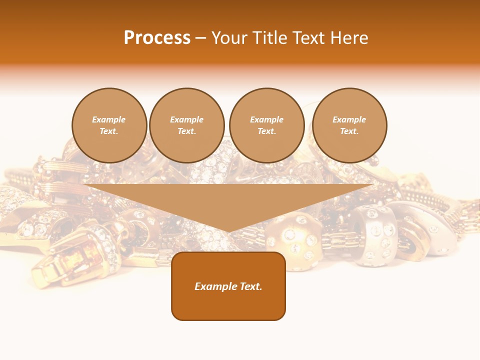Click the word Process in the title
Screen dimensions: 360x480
tap(157, 38)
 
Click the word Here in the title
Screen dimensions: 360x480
tap(350, 38)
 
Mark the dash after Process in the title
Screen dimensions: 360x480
tap(201, 38)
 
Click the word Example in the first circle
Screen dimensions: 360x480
tap(109, 119)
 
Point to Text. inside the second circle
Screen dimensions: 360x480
tap(187, 131)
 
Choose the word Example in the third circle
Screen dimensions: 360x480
tap(266, 119)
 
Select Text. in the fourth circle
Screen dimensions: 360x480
tap(349, 131)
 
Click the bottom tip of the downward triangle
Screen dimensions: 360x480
tap(228, 231)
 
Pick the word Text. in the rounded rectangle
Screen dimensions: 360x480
tap(251, 286)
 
